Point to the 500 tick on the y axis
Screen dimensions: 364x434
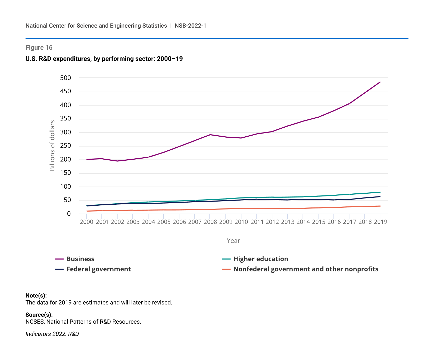click(x=65, y=78)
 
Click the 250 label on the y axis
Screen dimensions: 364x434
click(x=65, y=146)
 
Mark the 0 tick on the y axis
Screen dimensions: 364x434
click(x=69, y=214)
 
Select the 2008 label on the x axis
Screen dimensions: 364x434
click(x=210, y=222)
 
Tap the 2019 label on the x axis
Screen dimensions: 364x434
click(x=380, y=222)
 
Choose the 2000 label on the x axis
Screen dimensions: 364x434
click(x=87, y=222)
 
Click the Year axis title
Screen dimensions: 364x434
click(x=233, y=241)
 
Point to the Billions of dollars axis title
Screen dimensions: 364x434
click(x=52, y=146)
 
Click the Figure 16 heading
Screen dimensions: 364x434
click(x=39, y=48)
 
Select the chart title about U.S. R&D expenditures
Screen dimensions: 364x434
click(x=104, y=59)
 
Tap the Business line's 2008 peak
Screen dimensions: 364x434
click(x=210, y=135)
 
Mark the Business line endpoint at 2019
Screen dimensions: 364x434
click(x=380, y=82)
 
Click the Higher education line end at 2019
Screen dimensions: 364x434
click(x=380, y=192)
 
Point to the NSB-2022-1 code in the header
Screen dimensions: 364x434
click(x=190, y=26)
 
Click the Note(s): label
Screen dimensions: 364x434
click(x=36, y=296)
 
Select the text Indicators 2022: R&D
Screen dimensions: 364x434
click(x=52, y=334)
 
